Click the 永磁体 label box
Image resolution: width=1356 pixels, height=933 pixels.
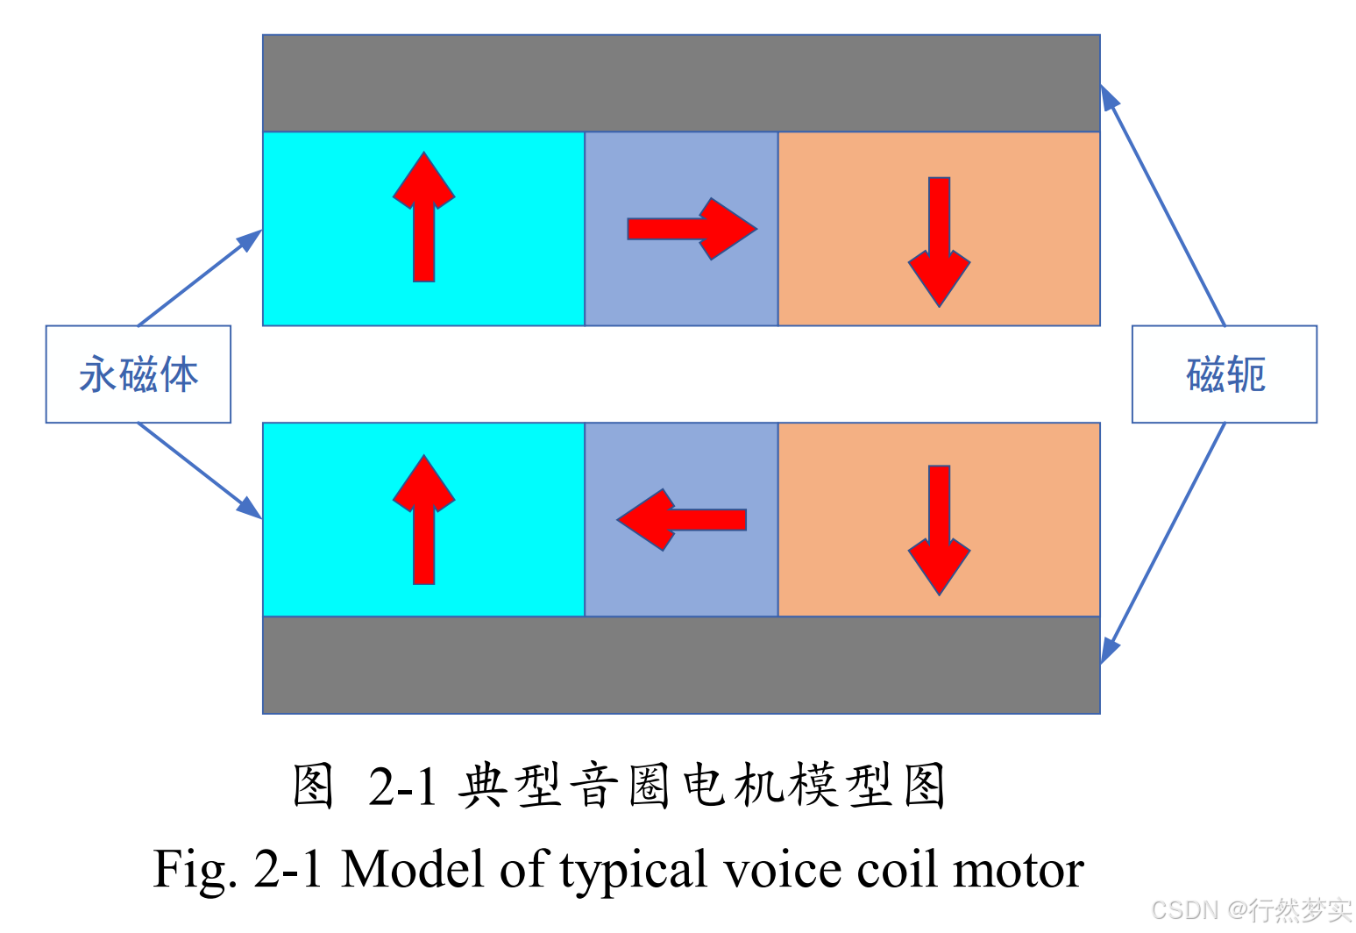pos(138,374)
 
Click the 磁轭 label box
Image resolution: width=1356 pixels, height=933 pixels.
pos(1224,374)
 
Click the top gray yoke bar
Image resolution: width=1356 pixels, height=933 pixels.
pos(681,83)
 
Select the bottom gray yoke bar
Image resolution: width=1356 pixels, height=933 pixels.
pos(681,665)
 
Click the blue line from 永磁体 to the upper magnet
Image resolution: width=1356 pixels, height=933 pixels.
pos(200,278)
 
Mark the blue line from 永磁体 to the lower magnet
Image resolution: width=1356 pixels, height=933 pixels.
pos(200,471)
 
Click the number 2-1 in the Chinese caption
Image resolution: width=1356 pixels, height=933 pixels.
pos(402,786)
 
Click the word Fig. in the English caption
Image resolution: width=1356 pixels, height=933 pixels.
pos(195,871)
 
